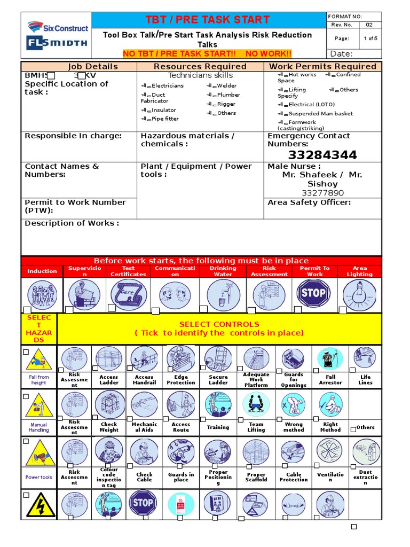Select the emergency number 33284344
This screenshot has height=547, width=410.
(322, 155)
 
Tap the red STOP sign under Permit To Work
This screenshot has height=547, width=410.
(313, 293)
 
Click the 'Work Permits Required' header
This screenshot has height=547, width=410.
(322, 66)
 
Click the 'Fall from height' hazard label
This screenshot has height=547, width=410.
(38, 380)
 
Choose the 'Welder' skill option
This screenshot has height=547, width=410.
(226, 85)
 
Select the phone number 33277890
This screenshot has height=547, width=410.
(322, 193)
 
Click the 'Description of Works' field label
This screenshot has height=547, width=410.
(72, 223)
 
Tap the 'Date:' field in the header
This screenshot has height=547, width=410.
(342, 54)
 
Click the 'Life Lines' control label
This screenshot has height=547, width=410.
(365, 380)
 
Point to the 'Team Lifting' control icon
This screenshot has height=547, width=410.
(256, 405)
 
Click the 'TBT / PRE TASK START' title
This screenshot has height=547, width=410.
(208, 20)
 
